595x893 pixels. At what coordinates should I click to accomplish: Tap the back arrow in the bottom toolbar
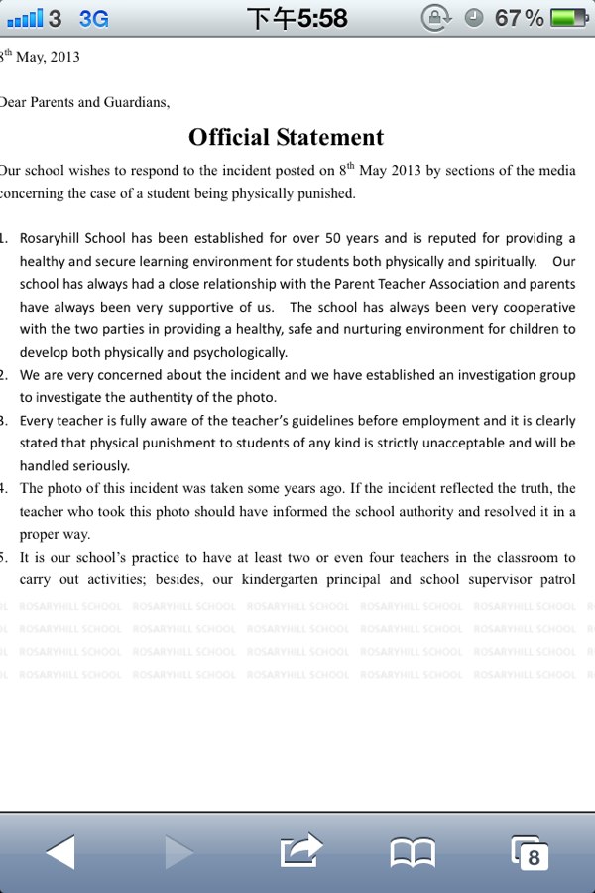click(x=60, y=851)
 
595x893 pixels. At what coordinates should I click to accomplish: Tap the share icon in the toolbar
click(x=302, y=850)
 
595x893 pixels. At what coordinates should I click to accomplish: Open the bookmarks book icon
click(x=413, y=852)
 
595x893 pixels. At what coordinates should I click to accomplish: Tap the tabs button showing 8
click(x=530, y=852)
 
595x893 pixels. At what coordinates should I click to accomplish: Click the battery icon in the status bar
click(x=568, y=18)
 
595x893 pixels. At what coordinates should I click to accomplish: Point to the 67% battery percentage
click(x=519, y=18)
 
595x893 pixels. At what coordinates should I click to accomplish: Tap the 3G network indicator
click(x=93, y=18)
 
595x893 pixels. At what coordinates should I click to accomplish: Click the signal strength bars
click(x=24, y=18)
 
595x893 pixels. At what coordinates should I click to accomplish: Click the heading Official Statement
click(x=286, y=137)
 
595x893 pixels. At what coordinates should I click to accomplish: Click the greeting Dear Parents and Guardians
click(x=85, y=101)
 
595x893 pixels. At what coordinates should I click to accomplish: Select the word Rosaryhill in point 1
click(x=55, y=238)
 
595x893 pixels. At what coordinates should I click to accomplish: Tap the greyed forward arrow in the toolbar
click(x=179, y=851)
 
